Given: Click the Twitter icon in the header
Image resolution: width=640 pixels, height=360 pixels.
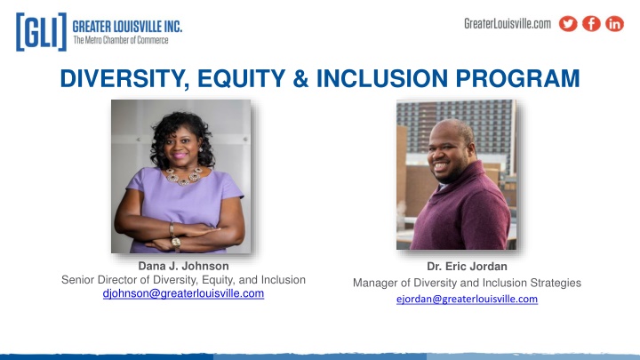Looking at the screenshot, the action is coord(568,24).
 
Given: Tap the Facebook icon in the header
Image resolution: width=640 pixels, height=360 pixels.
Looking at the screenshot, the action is coord(591,24).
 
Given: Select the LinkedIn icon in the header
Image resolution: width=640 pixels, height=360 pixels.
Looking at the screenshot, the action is coord(615,24).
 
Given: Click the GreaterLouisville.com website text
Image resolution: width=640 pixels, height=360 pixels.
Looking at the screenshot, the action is coord(508,24).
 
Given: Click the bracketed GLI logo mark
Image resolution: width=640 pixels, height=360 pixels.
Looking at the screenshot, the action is coord(41,32).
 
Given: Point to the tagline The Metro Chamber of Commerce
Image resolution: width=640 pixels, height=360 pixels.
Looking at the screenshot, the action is coord(121,40).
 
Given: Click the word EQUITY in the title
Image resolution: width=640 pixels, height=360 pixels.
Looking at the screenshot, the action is coord(241,78).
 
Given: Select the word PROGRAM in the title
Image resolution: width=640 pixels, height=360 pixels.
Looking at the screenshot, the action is coord(517,78).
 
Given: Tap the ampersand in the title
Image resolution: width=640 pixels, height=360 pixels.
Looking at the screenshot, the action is coord(300,78).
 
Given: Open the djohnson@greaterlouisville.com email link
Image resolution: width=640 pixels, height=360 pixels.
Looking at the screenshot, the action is coord(183,293).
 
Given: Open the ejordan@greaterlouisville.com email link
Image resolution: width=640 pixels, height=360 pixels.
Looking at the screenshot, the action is coord(467,300).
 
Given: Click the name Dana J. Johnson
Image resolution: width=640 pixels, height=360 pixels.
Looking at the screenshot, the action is coord(183,266).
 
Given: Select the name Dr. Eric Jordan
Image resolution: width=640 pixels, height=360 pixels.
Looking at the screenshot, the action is coord(467,267).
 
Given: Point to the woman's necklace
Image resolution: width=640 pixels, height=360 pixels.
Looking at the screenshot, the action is coord(184,176).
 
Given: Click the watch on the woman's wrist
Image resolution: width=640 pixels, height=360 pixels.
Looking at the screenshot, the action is coord(176,243).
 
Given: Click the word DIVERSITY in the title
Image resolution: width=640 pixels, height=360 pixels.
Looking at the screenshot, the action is coord(125,78).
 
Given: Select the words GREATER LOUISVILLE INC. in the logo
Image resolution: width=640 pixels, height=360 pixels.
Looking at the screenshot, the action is coord(127,27).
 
